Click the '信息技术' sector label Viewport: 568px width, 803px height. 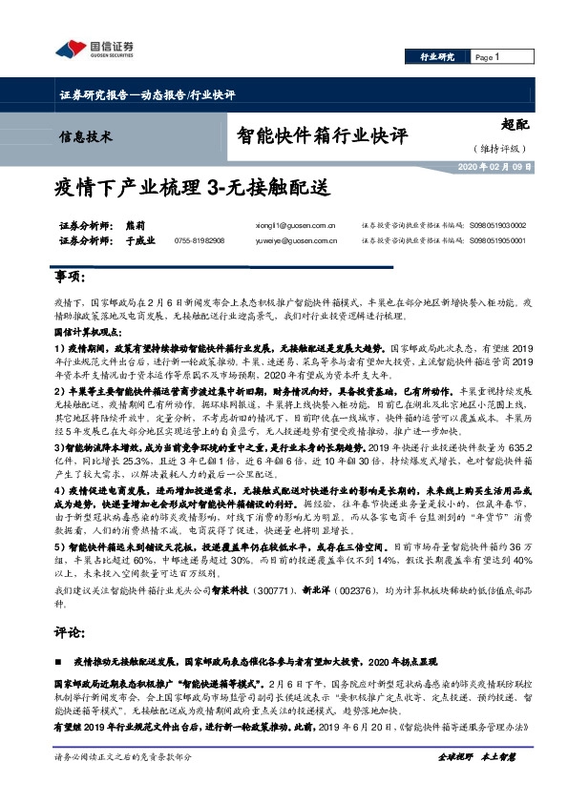86,136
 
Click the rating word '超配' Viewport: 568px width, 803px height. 513,124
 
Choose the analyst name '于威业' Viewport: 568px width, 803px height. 138,241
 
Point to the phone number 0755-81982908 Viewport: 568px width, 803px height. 200,241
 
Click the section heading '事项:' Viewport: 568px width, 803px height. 68,277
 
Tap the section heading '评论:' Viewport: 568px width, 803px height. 68,631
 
